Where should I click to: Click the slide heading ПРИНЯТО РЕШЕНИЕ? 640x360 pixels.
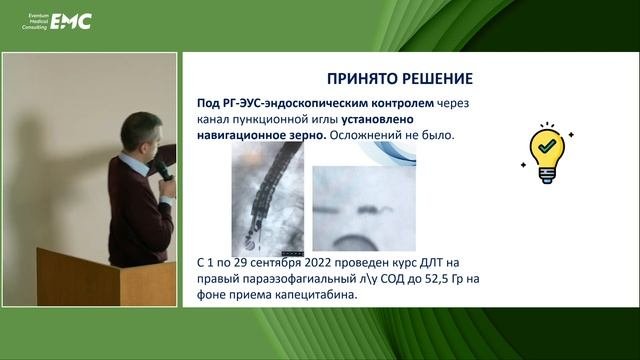point(400,78)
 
